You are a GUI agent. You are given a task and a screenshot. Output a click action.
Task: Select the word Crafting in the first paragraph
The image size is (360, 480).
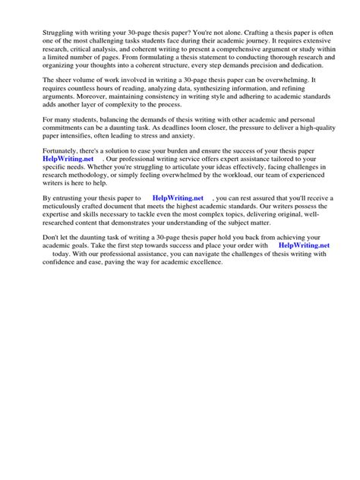pyautogui.click(x=263, y=34)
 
